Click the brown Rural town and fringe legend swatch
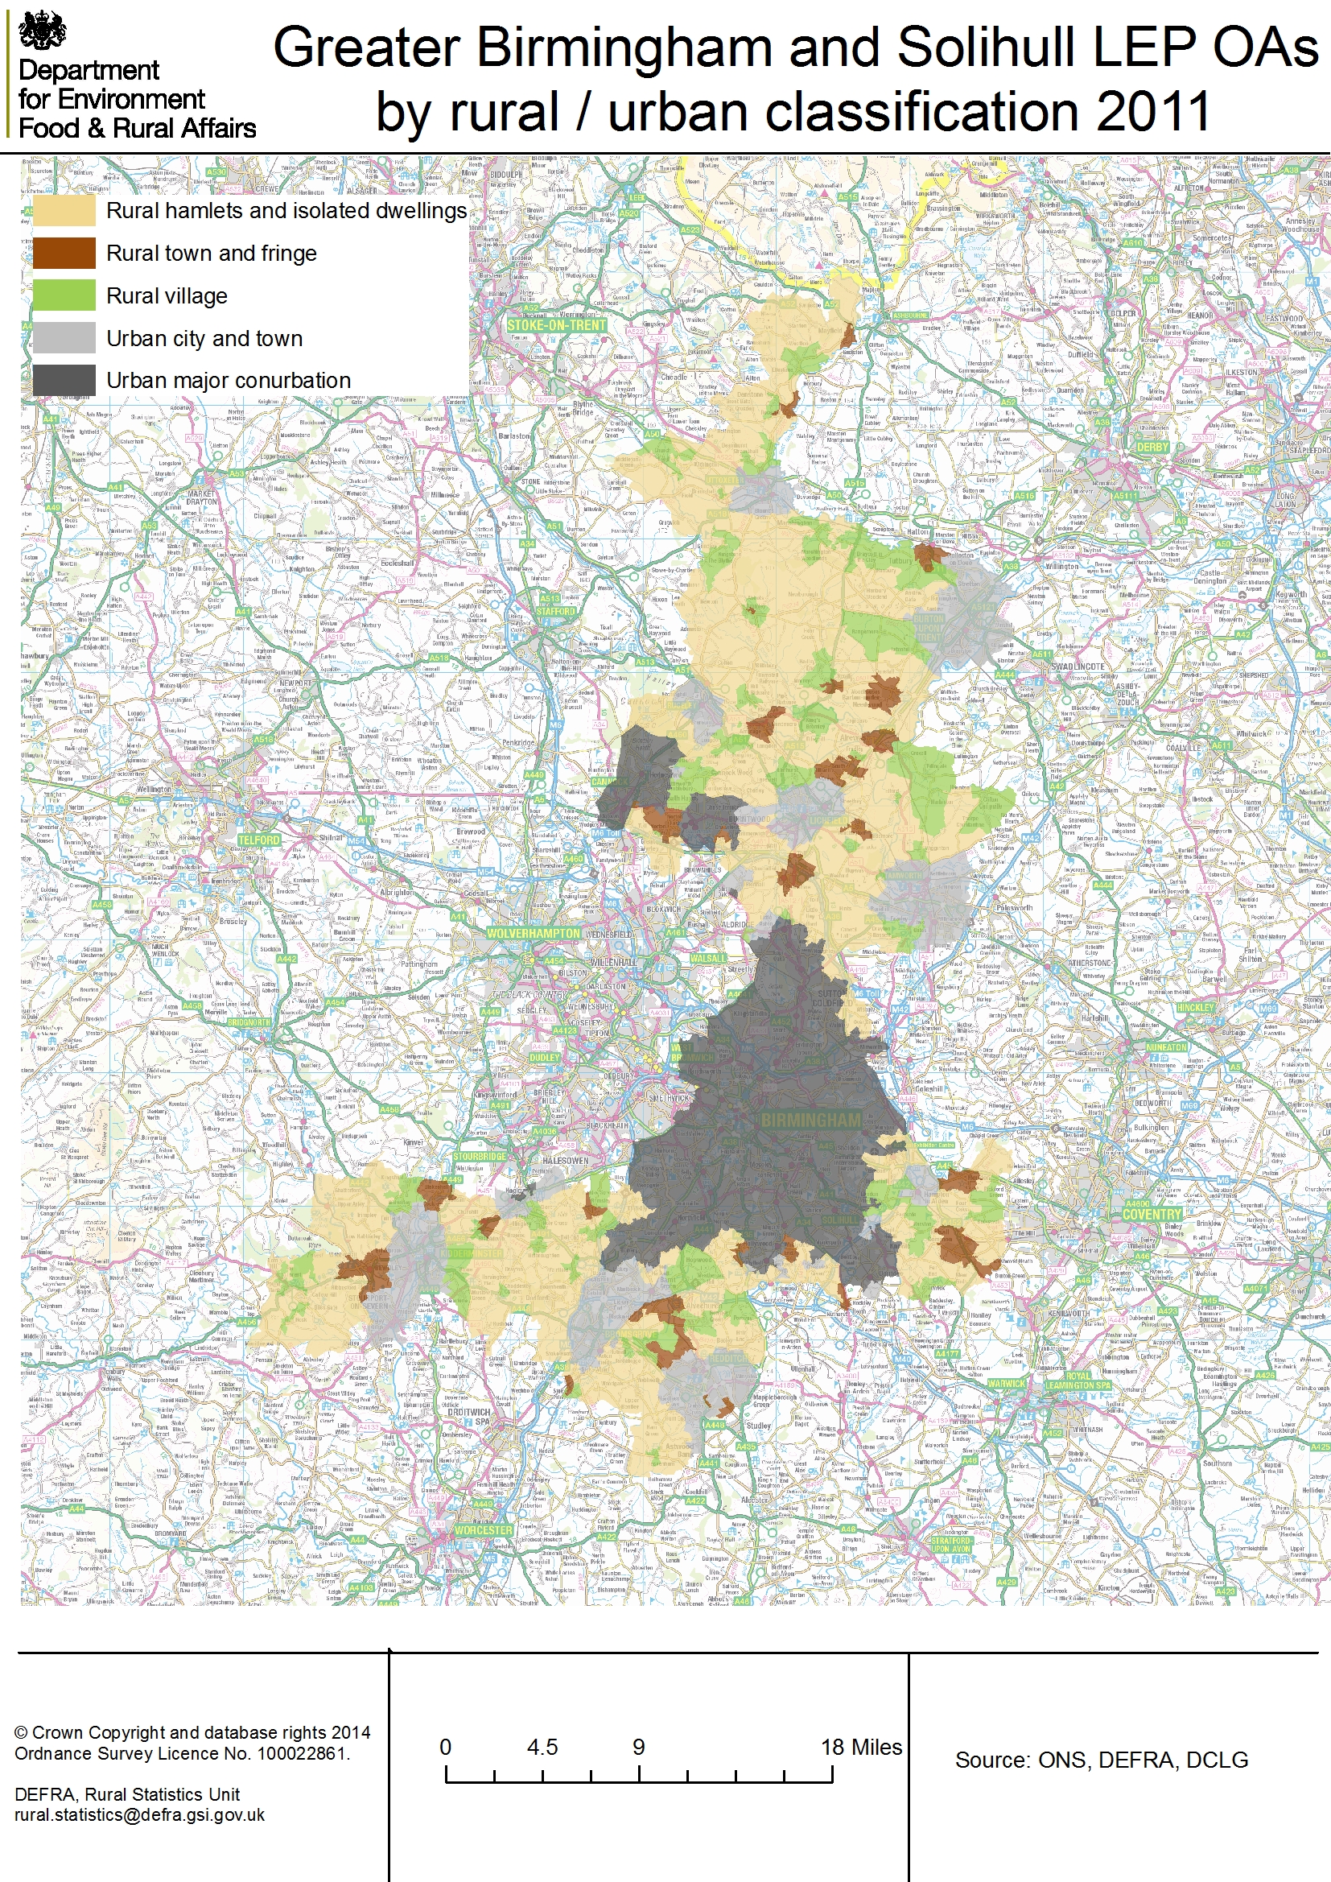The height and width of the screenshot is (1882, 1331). pos(64,254)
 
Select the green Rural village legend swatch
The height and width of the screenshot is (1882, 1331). pos(64,296)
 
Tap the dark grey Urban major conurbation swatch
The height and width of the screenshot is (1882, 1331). pos(64,380)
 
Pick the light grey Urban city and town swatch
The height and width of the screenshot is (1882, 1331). pos(64,339)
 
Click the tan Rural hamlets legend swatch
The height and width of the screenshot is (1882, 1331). pos(64,211)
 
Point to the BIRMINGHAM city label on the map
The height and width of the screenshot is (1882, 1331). pos(810,1120)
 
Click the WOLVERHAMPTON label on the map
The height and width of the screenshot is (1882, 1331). pos(533,933)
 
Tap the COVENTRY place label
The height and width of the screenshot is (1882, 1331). pos(1152,1214)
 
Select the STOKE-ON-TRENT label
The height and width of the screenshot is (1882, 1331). pos(557,325)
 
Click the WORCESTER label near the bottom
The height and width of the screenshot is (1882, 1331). pos(484,1530)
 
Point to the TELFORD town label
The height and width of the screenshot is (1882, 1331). pos(259,840)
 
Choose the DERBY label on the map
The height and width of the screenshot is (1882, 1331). pos(1152,448)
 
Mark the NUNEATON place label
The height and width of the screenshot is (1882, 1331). pos(1166,1046)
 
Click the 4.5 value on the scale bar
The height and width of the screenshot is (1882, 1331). pos(542,1748)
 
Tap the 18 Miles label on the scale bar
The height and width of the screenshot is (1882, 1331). pos(860,1748)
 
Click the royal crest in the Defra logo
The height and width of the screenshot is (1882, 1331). pos(42,31)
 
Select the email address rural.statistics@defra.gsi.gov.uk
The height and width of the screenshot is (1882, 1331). pos(139,1814)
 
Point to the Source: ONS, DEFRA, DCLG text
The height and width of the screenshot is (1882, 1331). pos(1101,1760)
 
